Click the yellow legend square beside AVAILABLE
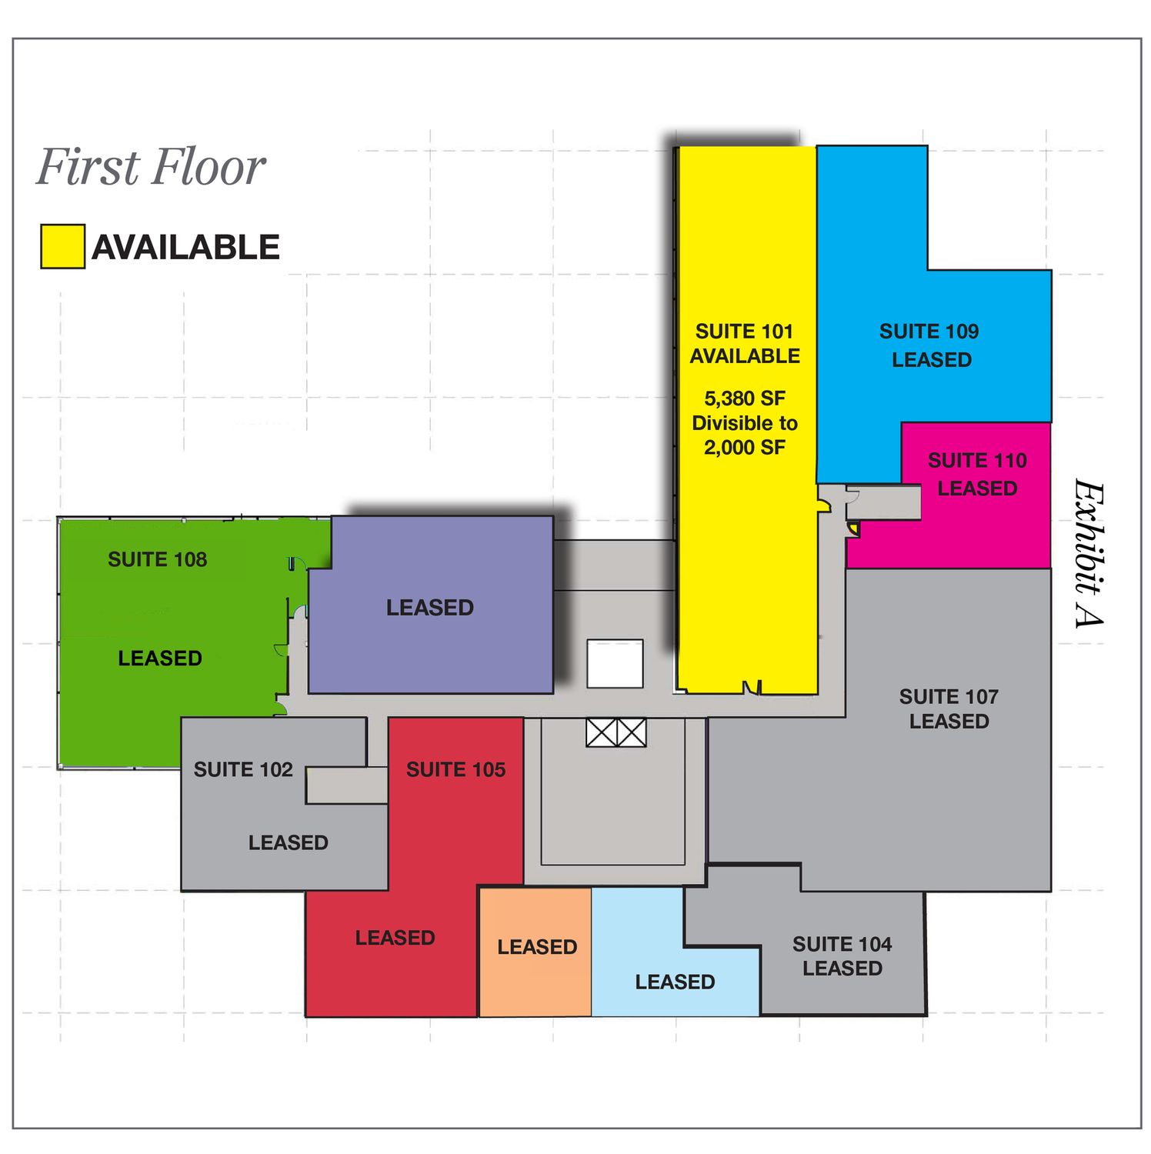62,246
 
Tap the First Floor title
151,167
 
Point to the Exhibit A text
1089,553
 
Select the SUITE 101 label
744,332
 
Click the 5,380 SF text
745,399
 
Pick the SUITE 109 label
929,332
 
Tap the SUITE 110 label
977,461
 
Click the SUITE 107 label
949,697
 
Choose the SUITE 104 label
842,944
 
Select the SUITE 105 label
455,770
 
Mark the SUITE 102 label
243,770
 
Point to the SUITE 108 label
158,559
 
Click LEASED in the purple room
430,608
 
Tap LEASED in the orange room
537,947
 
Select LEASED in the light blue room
675,982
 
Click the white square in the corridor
615,663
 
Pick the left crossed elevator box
601,732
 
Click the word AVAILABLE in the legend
186,247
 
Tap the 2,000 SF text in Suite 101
745,448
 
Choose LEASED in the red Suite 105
395,938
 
